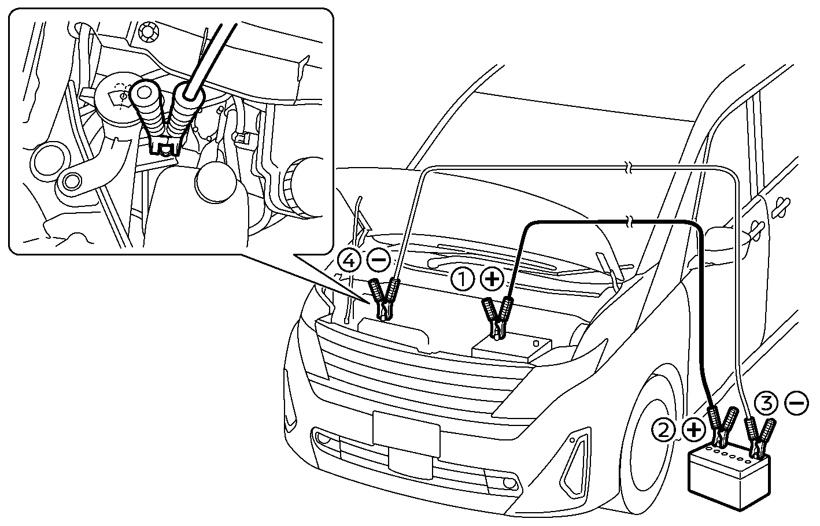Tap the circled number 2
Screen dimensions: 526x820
point(663,429)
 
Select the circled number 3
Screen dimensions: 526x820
point(767,403)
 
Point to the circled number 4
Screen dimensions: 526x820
point(349,261)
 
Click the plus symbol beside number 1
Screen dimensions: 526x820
point(492,280)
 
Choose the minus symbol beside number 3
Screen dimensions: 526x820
point(798,403)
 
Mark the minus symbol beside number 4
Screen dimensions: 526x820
point(379,261)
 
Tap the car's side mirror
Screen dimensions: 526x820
point(722,235)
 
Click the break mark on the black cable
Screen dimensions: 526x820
point(630,221)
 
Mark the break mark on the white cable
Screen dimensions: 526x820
point(630,169)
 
